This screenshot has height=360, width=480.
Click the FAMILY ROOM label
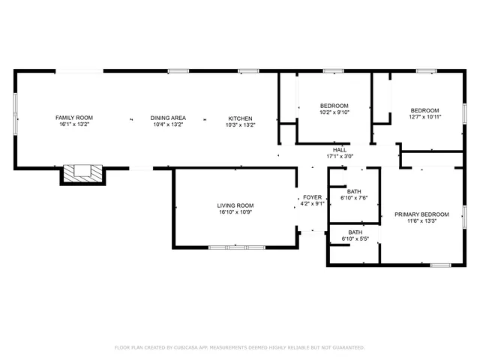(74, 118)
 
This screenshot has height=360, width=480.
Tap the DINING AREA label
(168, 118)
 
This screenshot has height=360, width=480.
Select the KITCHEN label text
(241, 118)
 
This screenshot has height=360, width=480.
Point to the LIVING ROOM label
(235, 205)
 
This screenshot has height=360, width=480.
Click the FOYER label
(312, 196)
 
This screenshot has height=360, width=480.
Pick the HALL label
(340, 150)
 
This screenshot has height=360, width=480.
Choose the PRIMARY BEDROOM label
(421, 214)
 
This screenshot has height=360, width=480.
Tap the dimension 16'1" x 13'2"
(74, 124)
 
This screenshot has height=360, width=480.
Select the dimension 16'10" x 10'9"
(235, 212)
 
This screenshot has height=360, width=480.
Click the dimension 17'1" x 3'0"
(340, 157)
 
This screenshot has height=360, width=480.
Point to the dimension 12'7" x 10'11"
(425, 117)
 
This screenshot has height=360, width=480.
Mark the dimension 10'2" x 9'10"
(334, 112)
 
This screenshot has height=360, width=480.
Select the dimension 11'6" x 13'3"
(421, 221)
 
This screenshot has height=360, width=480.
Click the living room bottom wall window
(235, 246)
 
